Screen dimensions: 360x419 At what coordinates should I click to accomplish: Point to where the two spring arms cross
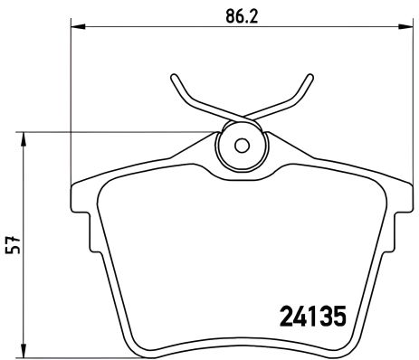click(x=241, y=119)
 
